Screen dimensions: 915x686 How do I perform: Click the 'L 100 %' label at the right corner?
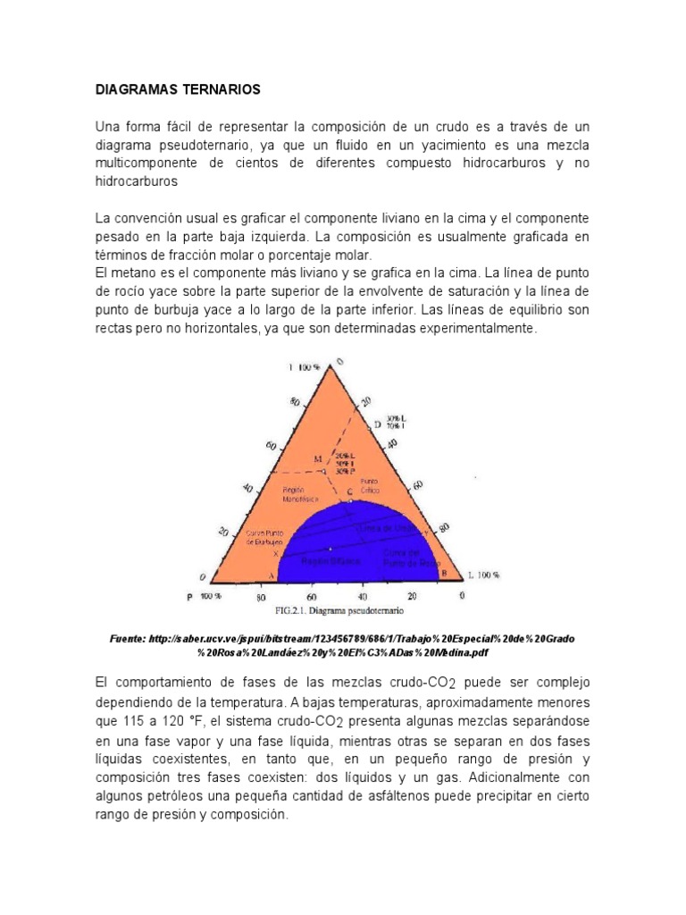point(483,575)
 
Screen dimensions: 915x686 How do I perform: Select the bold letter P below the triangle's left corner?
point(189,596)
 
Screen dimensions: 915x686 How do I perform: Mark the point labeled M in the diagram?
point(317,459)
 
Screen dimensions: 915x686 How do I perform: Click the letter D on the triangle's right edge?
point(377,424)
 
